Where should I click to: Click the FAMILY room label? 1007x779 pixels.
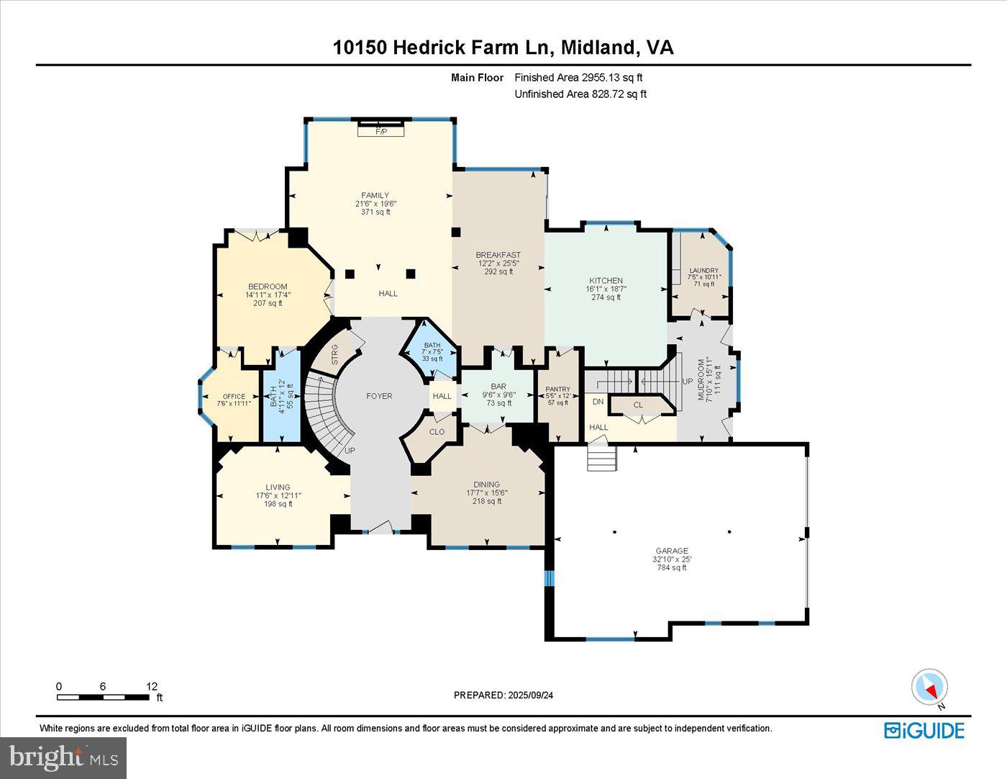coord(375,195)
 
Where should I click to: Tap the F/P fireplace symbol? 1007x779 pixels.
coord(381,132)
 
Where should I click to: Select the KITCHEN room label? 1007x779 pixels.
coord(606,281)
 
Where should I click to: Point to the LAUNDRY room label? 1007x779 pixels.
coord(703,271)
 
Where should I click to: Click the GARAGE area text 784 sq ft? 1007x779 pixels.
coord(671,568)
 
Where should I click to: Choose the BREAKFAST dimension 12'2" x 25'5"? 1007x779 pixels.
coord(498,264)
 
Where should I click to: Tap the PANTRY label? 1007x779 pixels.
coord(557,389)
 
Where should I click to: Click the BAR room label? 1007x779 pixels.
coord(498,387)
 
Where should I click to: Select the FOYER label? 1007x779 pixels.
coord(379,396)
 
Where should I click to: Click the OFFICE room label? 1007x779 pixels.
coord(234,397)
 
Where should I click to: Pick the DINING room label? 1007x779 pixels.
coord(487,485)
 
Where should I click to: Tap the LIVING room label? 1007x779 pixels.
coord(278,487)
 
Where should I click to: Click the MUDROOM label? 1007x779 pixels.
coord(701,379)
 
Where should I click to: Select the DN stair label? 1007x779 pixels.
coord(598,402)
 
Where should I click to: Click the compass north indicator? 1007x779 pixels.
coord(930,688)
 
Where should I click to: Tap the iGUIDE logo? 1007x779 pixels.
coord(924,731)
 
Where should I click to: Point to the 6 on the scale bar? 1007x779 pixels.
coord(103,687)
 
